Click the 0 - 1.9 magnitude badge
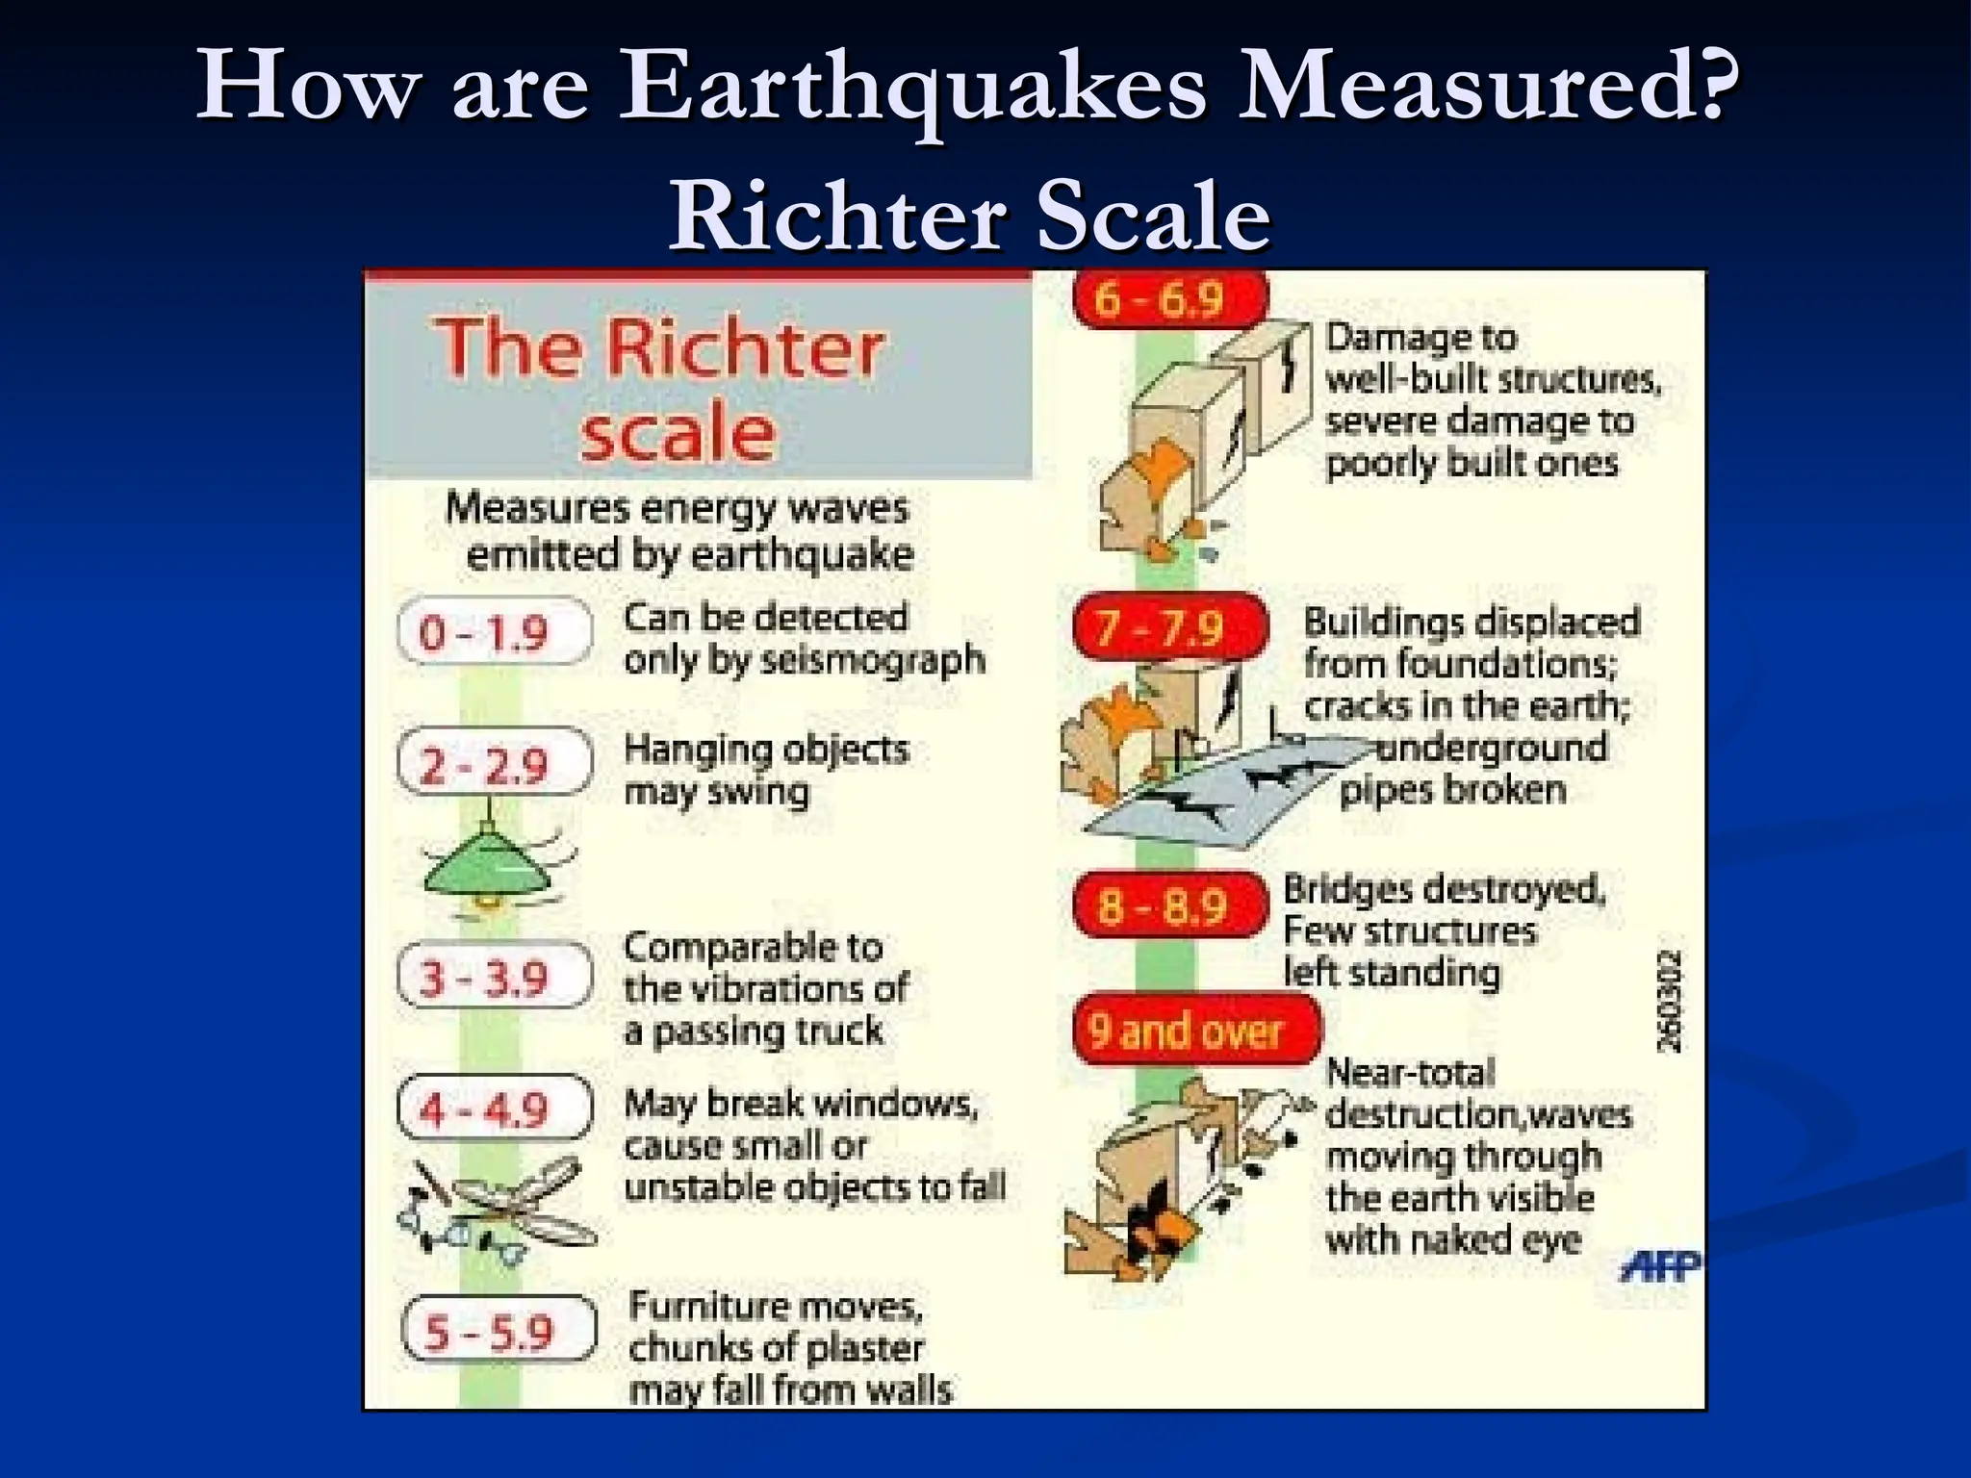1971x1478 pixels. coord(494,631)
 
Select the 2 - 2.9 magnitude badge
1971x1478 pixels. coord(494,763)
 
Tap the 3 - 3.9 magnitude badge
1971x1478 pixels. coord(494,977)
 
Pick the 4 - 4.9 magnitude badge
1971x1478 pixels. coord(494,1108)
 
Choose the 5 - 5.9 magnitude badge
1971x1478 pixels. coord(499,1331)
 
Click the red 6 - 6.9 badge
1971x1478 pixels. coord(1167,299)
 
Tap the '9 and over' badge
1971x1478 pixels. coord(1196,1031)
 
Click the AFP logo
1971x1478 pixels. coord(1660,1265)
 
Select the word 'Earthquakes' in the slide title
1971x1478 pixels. coord(911,89)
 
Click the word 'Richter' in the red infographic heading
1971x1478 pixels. coord(744,346)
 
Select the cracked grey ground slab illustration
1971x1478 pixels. coord(1222,794)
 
